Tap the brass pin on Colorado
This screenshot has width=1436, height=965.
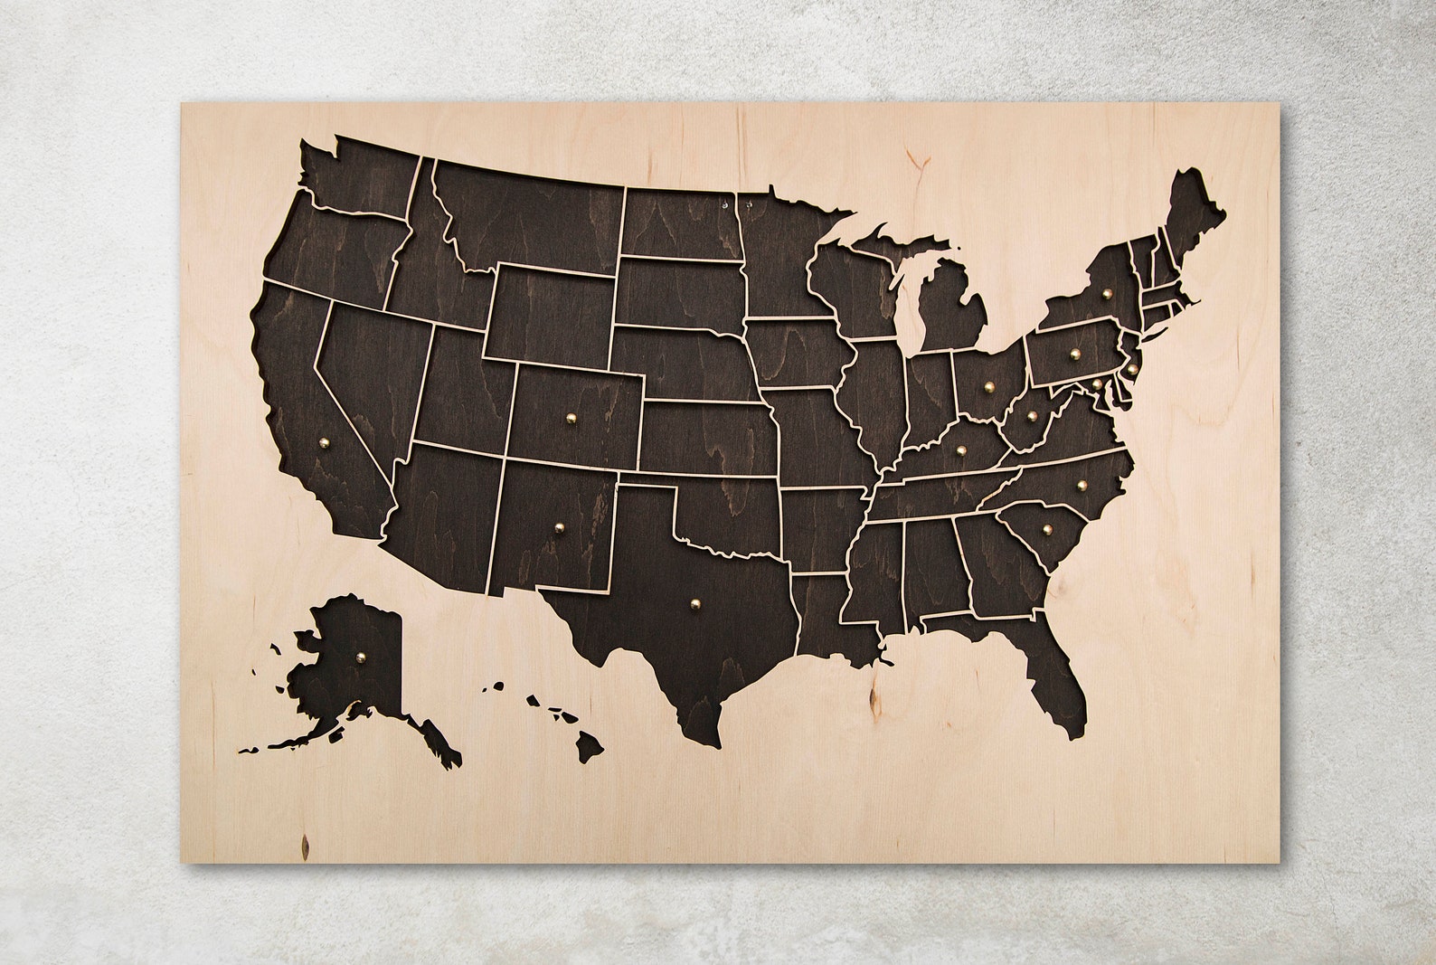(571, 418)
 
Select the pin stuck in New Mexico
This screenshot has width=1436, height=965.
(560, 525)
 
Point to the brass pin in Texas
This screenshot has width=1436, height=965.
(694, 602)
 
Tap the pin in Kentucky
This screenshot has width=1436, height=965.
(960, 447)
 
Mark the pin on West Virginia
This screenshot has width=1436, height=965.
(1032, 416)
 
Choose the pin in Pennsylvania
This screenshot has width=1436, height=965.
(1074, 354)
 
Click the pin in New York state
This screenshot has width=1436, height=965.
(1107, 293)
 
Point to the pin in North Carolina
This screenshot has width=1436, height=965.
(1080, 485)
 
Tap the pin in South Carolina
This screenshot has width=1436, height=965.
(1047, 529)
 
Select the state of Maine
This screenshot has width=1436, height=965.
(1194, 213)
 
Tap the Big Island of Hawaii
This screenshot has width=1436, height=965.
(590, 746)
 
